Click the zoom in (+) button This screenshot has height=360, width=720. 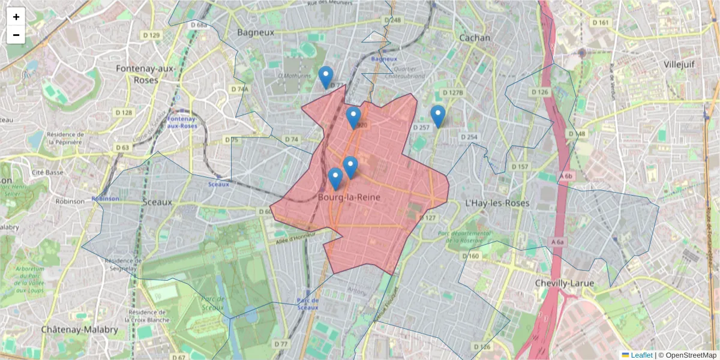(x=16, y=17)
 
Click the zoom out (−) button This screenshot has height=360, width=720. (x=16, y=35)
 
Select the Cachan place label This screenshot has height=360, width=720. (x=474, y=37)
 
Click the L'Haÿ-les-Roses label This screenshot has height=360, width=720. (x=497, y=203)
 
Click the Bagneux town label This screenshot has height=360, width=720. (x=256, y=32)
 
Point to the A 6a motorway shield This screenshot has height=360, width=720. (x=557, y=242)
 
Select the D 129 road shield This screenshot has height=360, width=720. (x=153, y=35)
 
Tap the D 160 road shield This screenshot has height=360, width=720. (x=471, y=256)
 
